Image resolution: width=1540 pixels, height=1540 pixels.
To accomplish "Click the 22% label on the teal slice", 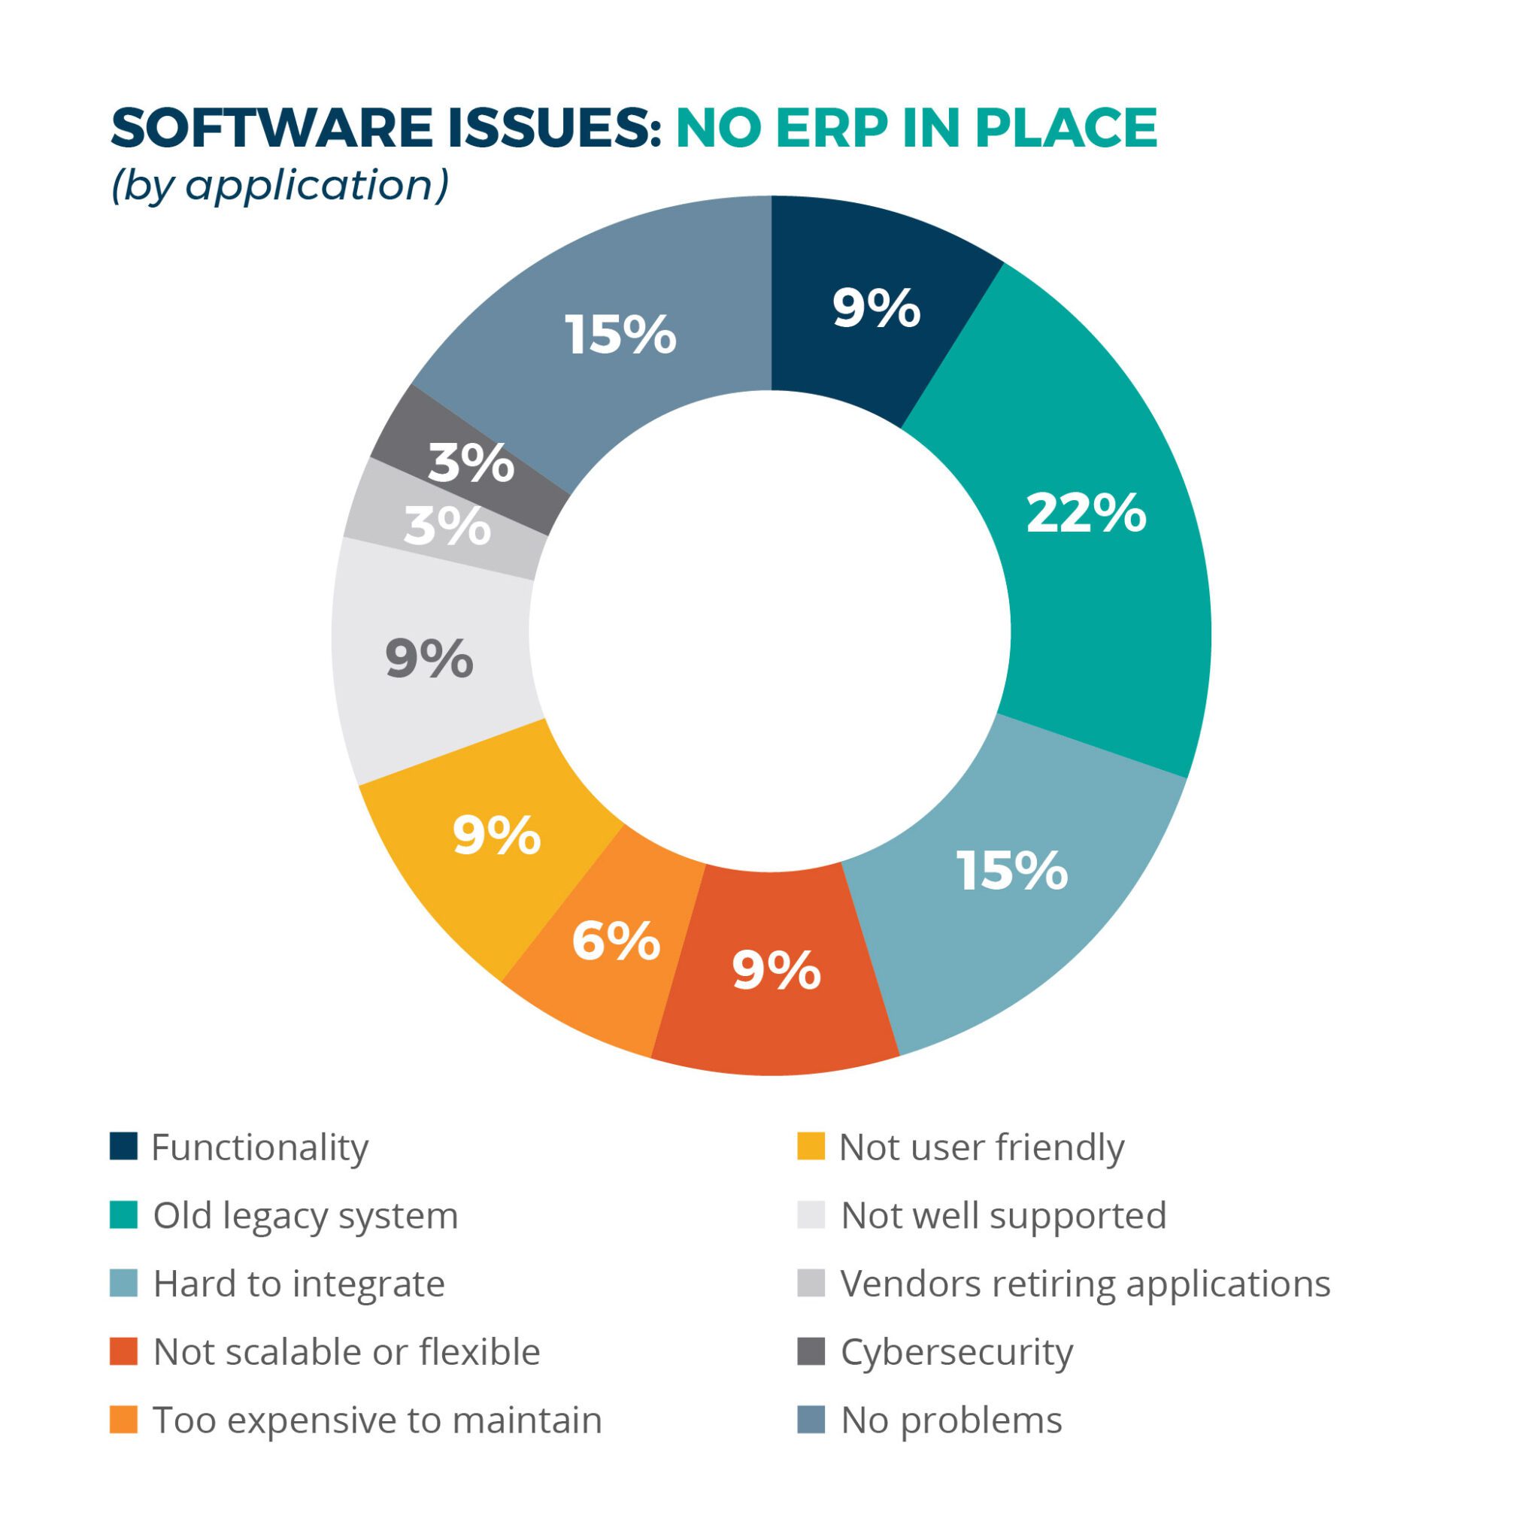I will coord(1086,514).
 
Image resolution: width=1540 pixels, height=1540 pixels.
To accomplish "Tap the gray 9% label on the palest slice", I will coord(429,659).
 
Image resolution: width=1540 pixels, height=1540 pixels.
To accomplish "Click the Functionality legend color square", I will coord(123,1146).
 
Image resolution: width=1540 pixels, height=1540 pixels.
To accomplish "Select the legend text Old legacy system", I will coord(305,1216).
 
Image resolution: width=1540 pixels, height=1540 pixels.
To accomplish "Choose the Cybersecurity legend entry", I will coord(956,1352).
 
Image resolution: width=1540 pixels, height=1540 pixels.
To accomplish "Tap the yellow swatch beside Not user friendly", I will coord(811,1146).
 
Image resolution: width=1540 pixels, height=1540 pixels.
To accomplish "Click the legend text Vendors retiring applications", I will coord(1085,1284).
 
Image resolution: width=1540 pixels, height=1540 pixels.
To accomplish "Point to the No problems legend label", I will coord(951,1420).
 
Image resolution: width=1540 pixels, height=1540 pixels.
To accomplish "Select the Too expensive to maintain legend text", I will coord(377,1420).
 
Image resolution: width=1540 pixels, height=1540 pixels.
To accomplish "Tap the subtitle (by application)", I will coord(280,185).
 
